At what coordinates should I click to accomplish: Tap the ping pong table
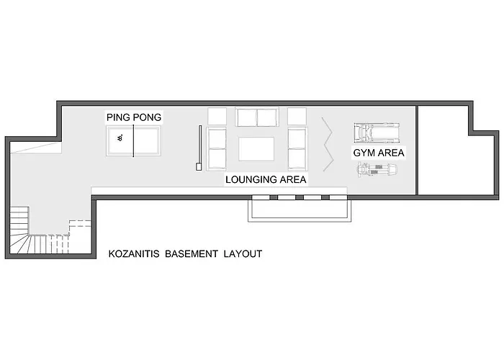point(133,140)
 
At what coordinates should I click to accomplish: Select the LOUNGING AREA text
point(266,179)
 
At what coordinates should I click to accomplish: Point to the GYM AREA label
point(379,153)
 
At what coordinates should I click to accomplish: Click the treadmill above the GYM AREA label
point(377,133)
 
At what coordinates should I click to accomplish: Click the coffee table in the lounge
point(256,148)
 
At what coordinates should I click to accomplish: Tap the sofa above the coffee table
point(256,117)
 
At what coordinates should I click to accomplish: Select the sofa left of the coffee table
point(217,148)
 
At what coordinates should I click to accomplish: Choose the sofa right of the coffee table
point(297,148)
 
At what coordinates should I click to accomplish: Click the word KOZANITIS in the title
point(134,254)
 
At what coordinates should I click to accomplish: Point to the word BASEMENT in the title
point(191,254)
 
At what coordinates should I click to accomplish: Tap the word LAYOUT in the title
point(242,254)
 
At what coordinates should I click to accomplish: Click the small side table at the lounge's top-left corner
point(217,116)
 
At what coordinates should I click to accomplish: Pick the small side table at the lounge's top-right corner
point(297,116)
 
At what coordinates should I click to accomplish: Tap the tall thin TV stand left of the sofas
point(199,148)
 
